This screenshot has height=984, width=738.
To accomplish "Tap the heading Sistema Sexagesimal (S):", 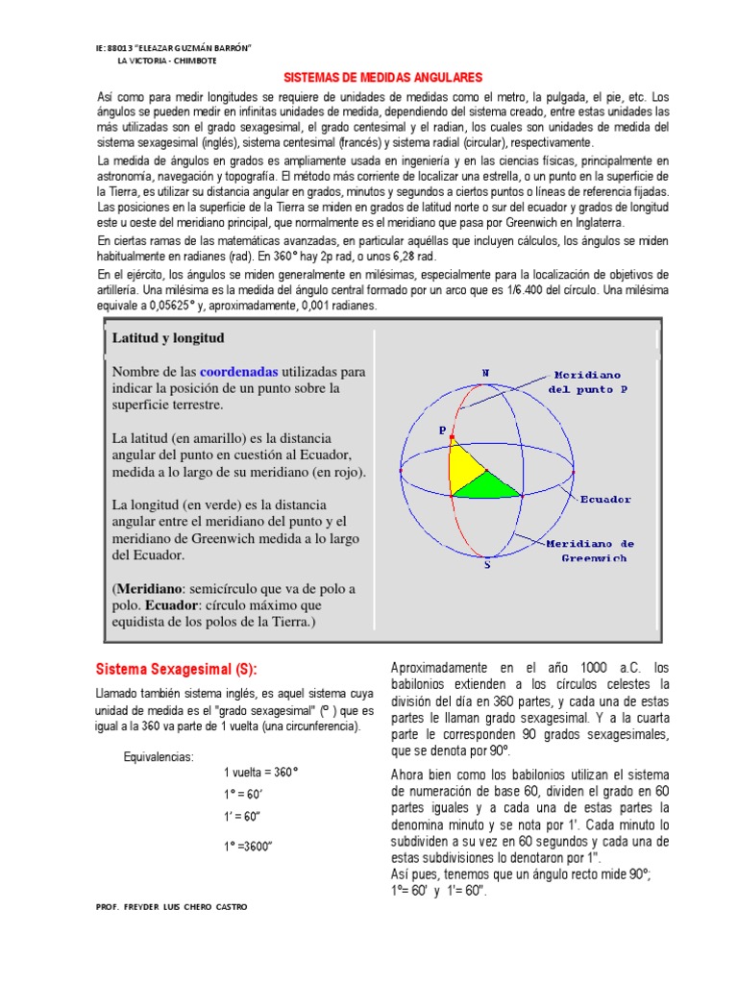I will tap(177, 669).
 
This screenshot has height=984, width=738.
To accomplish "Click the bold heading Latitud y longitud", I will tap(168, 338).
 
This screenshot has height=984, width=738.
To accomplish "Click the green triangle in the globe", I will tap(485, 485).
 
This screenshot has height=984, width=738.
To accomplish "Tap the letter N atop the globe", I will tap(485, 372).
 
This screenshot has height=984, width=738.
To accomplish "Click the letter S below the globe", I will tap(487, 565).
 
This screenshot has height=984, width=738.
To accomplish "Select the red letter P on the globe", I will tap(442, 431).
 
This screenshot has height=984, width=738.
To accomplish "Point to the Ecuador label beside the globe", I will tap(604, 499).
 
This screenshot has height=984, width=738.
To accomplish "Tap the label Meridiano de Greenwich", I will tap(592, 550).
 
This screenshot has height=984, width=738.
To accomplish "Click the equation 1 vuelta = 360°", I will tap(260, 773).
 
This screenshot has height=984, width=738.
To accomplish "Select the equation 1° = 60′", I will tap(244, 795).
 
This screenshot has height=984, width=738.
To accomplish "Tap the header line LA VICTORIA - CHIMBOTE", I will tap(166, 60).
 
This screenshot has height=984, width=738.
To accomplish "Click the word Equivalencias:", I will tap(160, 754).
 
